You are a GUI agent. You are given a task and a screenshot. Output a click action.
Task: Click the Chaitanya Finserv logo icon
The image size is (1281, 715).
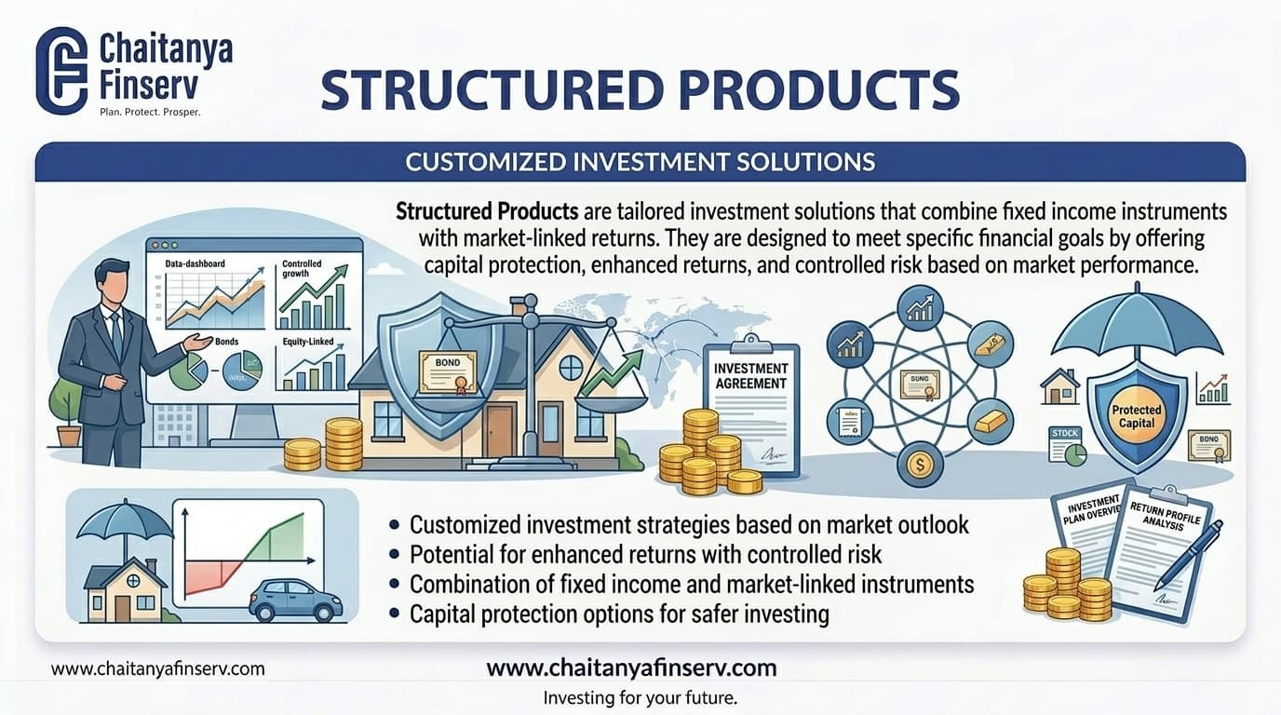click(61, 70)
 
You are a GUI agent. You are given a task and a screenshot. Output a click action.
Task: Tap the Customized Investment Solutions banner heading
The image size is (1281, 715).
click(640, 162)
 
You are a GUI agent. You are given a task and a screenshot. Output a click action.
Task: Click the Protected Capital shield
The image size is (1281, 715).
click(1137, 414)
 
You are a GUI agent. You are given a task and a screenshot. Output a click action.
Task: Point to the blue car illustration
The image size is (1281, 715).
click(295, 599)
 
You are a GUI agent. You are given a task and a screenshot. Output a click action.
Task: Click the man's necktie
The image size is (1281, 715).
click(116, 332)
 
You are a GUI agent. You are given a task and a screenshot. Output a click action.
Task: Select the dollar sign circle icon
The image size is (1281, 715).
click(918, 465)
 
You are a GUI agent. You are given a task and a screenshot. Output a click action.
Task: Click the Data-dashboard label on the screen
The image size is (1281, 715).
click(195, 264)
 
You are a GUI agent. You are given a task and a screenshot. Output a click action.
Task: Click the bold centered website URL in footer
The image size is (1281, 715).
click(631, 668)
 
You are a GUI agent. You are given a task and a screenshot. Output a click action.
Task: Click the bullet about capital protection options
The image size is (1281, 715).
click(618, 614)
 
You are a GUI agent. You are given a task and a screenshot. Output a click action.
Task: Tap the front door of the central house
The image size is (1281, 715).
click(498, 431)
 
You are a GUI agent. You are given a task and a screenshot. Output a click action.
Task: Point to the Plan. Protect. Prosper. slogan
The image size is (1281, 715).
click(150, 112)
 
